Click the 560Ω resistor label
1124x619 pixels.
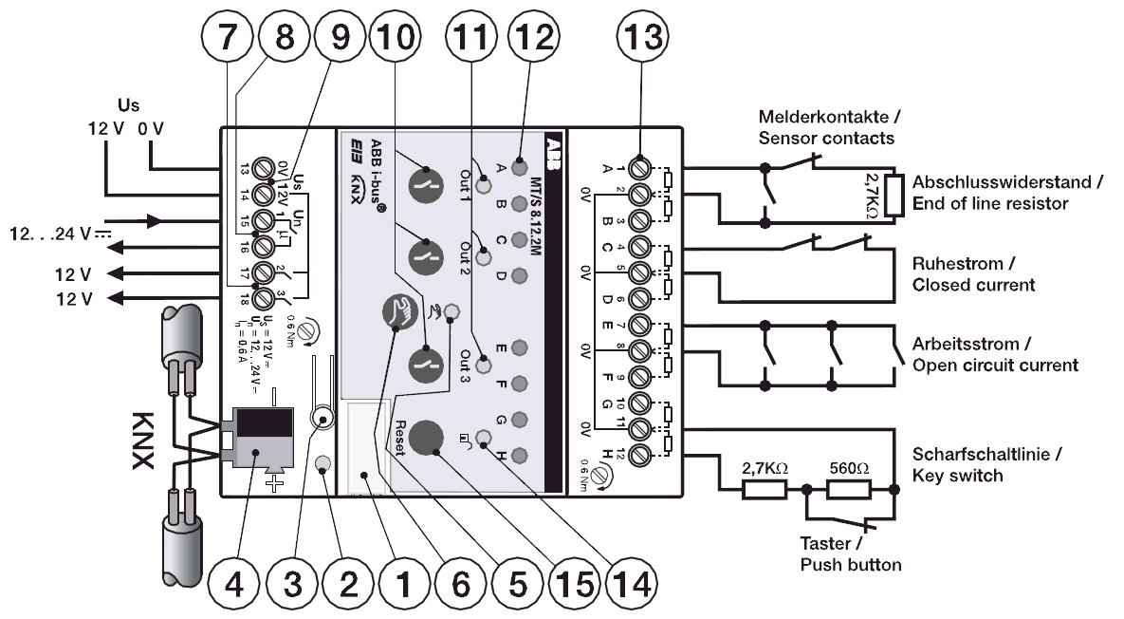[x=850, y=467]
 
